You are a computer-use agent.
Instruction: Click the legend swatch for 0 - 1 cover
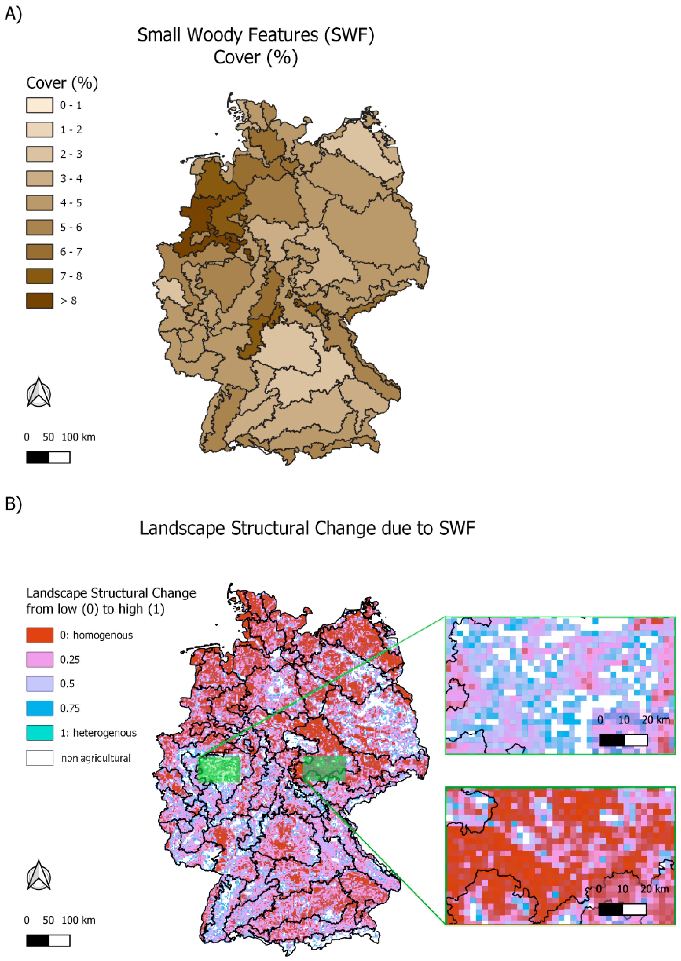[x=39, y=105]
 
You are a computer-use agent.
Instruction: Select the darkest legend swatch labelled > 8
[x=39, y=301]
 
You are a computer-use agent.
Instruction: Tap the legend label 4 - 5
[x=71, y=203]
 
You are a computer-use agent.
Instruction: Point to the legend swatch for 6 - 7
[x=39, y=251]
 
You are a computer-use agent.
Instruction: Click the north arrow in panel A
[x=39, y=392]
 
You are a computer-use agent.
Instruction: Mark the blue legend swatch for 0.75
[x=39, y=708]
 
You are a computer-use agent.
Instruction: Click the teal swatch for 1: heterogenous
[x=39, y=733]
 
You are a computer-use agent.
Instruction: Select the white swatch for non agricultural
[x=39, y=758]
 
